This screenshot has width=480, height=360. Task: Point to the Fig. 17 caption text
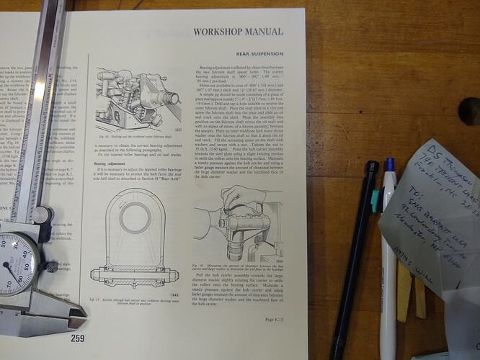point(137,301)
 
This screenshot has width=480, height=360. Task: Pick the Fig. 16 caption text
point(137,136)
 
